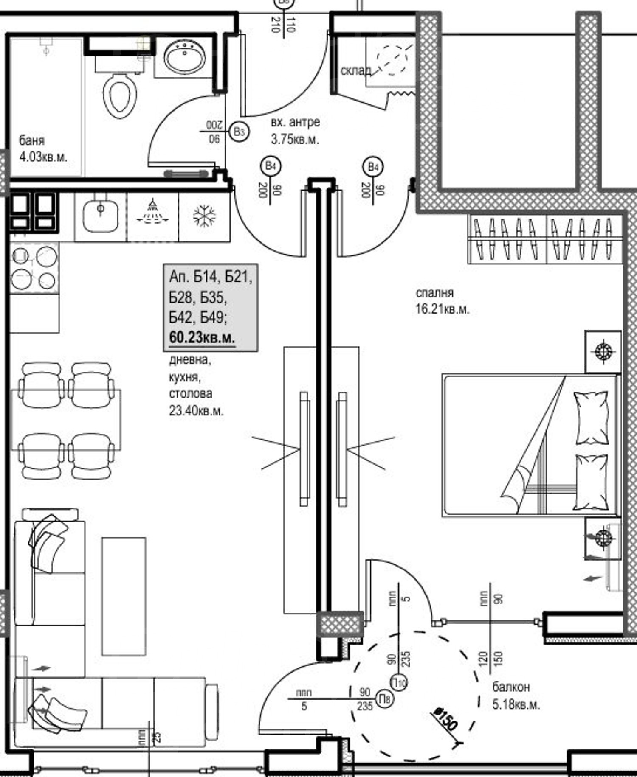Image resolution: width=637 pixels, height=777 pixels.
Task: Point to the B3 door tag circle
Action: [239, 131]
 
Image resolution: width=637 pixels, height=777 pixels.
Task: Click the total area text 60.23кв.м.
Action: [202, 338]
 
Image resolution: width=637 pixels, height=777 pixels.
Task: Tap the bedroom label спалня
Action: [434, 293]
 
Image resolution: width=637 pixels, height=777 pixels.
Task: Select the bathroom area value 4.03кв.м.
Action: [43, 157]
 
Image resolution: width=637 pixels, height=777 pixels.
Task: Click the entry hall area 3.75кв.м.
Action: [295, 139]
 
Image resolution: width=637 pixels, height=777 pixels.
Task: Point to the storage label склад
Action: [355, 70]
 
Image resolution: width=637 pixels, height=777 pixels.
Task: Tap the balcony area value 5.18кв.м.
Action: [516, 705]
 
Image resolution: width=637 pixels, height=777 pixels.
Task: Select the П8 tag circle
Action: [385, 698]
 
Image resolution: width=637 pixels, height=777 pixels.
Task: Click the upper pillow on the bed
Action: [591, 418]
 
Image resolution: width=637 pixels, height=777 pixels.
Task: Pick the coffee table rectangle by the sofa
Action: [124, 596]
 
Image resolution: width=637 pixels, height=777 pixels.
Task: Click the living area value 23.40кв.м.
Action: [196, 411]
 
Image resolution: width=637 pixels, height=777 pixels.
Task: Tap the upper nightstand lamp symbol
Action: [603, 351]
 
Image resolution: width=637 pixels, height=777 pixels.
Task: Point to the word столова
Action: [191, 393]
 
